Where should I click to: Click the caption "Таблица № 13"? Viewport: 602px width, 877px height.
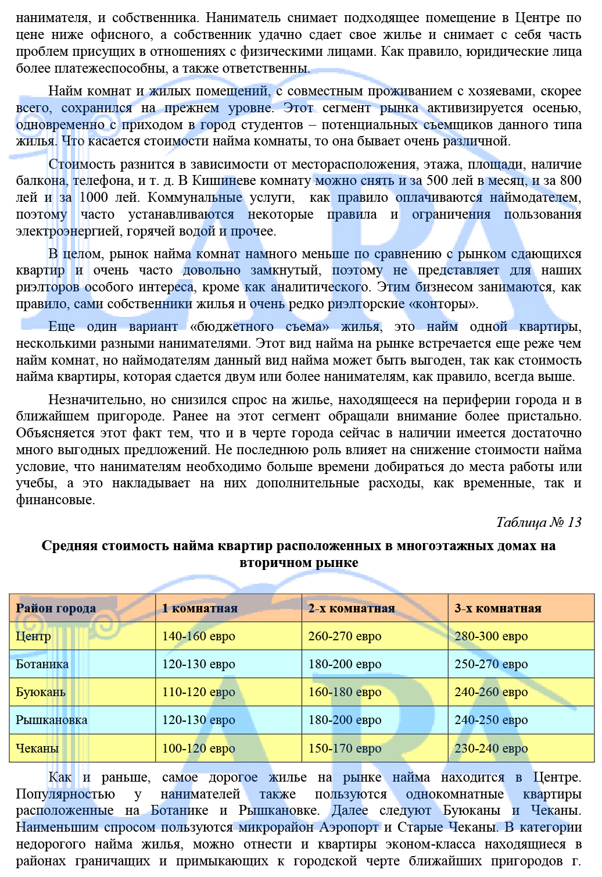pyautogui.click(x=538, y=522)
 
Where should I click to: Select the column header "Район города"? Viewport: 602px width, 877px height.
pyautogui.click(x=56, y=608)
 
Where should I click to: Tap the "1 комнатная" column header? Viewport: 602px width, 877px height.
pyautogui.click(x=199, y=608)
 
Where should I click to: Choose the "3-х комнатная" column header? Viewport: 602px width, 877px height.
pyautogui.click(x=497, y=608)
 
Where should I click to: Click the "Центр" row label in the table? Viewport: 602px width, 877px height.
pyautogui.click(x=33, y=636)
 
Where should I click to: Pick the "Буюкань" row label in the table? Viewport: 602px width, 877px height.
pyautogui.click(x=40, y=692)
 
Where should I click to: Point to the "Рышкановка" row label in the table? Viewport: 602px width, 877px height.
pyautogui.click(x=51, y=720)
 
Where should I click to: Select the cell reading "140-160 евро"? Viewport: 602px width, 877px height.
pyautogui.click(x=198, y=636)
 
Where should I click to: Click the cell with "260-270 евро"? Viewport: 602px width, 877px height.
pyautogui.click(x=345, y=636)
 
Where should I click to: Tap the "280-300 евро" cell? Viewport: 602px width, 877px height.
pyautogui.click(x=491, y=636)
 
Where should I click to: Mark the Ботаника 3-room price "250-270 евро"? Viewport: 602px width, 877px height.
pyautogui.click(x=491, y=664)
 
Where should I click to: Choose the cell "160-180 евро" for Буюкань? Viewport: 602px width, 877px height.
pyautogui.click(x=345, y=692)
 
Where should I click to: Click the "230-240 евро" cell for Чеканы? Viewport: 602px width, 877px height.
pyautogui.click(x=491, y=748)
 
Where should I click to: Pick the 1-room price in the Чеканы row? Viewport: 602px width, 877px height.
pyautogui.click(x=198, y=748)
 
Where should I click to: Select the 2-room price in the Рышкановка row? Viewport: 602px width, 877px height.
pyautogui.click(x=345, y=720)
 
